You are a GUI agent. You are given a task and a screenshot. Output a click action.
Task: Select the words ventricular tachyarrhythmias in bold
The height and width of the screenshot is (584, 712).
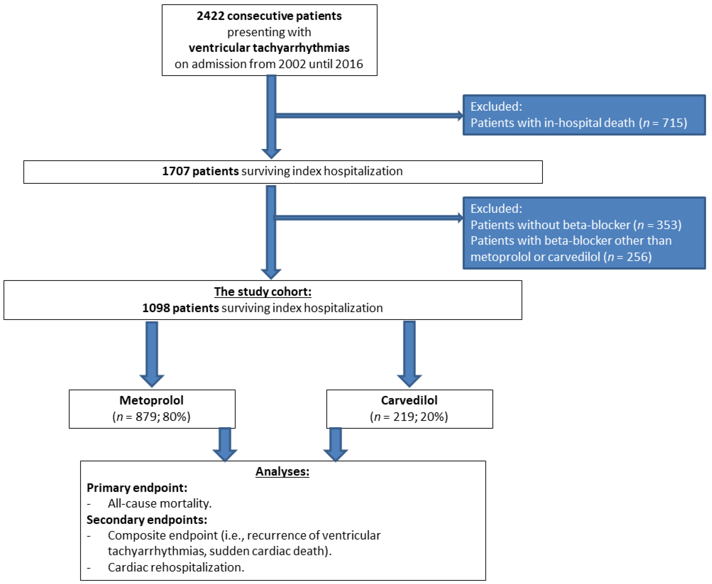(x=269, y=48)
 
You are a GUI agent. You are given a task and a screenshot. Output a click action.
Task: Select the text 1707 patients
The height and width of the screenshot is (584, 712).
(x=200, y=171)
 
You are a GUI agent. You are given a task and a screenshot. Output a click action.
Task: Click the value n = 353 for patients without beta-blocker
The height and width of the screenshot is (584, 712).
(x=657, y=225)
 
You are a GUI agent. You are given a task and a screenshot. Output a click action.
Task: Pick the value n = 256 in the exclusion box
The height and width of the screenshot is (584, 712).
(x=628, y=257)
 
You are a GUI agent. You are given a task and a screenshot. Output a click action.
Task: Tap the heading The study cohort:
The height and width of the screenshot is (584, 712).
(x=263, y=292)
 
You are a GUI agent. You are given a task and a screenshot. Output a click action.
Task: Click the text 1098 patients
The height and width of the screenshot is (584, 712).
(x=181, y=308)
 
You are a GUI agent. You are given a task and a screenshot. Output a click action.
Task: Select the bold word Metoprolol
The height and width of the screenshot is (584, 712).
(x=151, y=400)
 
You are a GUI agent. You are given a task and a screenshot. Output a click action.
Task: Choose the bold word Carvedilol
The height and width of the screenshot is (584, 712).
(x=409, y=400)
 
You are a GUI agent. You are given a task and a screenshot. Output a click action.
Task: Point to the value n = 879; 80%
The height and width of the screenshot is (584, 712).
(x=151, y=417)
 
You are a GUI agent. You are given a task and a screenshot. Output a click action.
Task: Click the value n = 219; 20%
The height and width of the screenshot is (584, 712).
(x=409, y=417)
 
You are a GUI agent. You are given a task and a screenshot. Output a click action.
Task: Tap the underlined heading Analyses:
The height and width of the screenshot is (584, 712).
(x=282, y=472)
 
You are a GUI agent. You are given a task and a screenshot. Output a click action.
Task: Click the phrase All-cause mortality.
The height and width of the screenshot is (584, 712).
(x=159, y=504)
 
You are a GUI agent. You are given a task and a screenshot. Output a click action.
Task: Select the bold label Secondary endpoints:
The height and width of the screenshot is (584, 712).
(x=147, y=520)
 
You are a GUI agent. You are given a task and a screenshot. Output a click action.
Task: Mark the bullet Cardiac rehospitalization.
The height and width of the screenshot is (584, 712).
(x=176, y=568)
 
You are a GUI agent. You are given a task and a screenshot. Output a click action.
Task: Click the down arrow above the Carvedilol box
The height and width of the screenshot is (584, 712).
(x=409, y=353)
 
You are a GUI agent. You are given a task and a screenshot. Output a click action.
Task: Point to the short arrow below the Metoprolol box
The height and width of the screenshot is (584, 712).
(x=225, y=444)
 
